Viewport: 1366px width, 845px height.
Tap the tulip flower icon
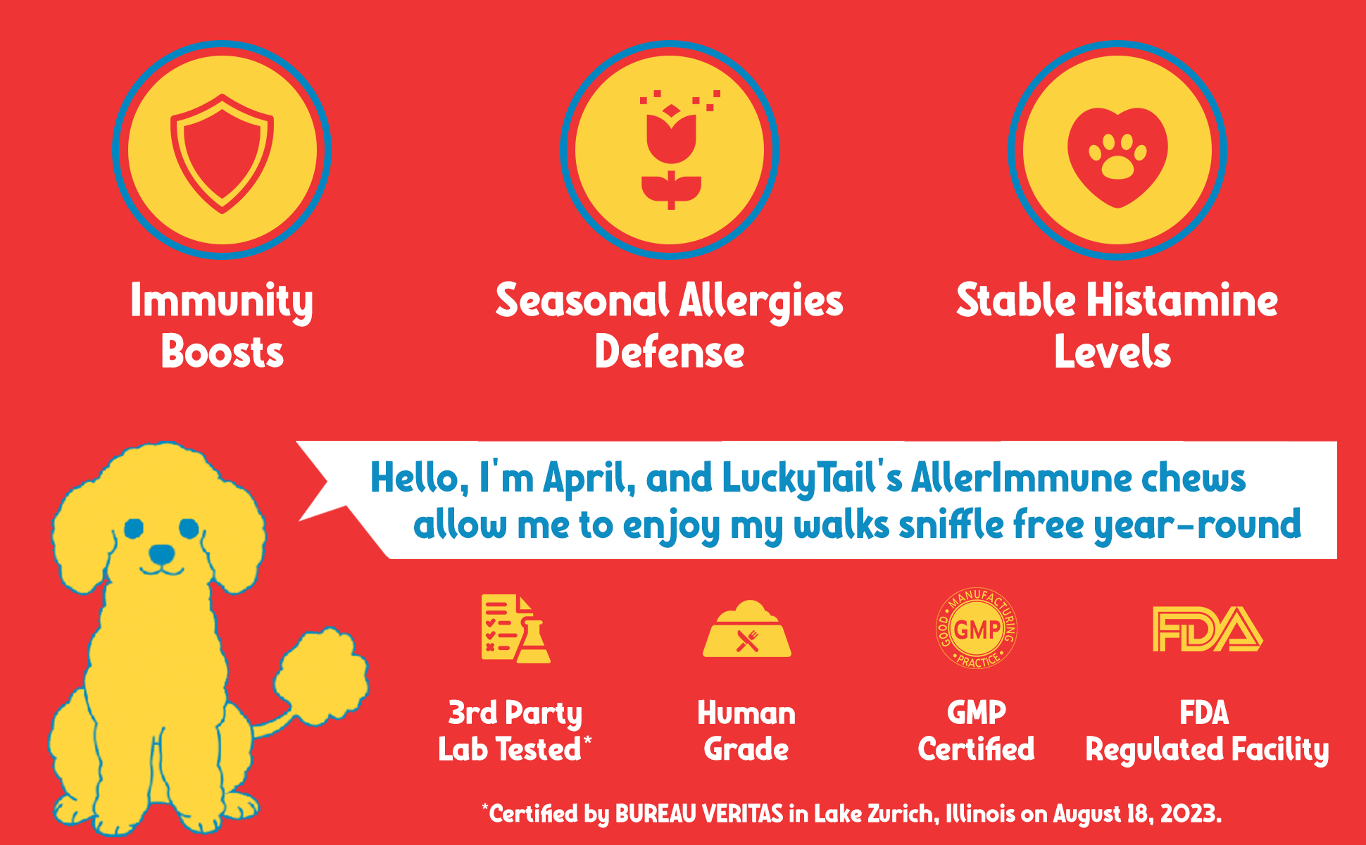coord(671,149)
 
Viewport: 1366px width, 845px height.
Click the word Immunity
coord(222,302)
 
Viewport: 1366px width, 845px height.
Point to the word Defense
coord(670,352)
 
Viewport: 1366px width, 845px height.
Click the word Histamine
coord(1182,301)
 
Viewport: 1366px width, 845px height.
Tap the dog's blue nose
coord(162,553)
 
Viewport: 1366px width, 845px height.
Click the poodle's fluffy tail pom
coord(321,677)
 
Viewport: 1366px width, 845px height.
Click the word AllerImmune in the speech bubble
coord(1020,478)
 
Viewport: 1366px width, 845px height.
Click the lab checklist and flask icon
coord(516,629)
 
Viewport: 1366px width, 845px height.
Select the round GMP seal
coord(977,629)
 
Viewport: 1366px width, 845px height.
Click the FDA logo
coord(1208,629)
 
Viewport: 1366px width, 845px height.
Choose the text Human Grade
coord(746,731)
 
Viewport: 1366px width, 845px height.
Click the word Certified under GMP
coord(977,749)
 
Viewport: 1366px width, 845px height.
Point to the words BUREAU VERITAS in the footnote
coord(699,814)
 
